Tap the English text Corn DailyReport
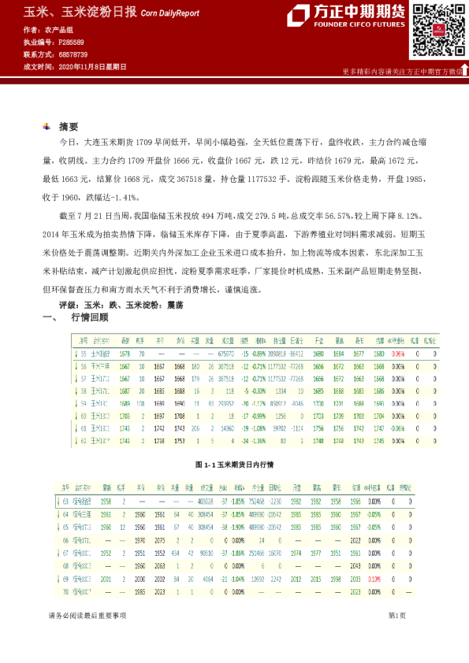coord(172,14)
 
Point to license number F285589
coord(72,42)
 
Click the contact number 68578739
coord(73,54)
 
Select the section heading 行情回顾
coord(89,318)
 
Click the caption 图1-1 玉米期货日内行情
coord(233,465)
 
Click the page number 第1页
coord(396,615)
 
